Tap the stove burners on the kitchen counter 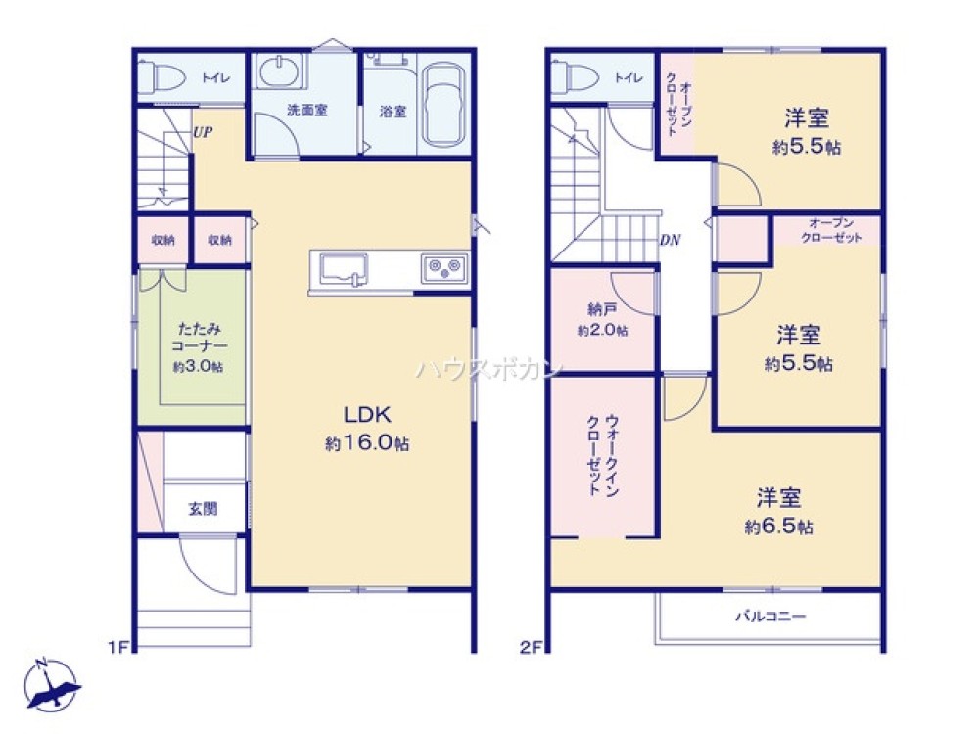pos(445,267)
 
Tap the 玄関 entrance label pos(203,508)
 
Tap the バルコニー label pos(770,617)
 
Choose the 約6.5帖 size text pos(778,527)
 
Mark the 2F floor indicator pos(531,646)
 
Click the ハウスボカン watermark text pos(489,369)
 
